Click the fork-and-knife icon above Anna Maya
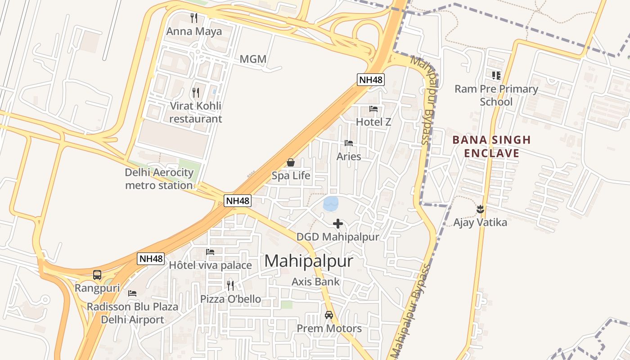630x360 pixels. (194, 18)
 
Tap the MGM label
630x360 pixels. (253, 59)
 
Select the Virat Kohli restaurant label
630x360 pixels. (196, 112)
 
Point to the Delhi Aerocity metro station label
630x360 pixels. (159, 179)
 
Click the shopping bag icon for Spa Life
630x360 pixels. (291, 162)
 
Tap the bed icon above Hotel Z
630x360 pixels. (373, 108)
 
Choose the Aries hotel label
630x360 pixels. (349, 156)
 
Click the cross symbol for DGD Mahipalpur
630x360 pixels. (338, 223)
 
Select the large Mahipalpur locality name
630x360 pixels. (309, 261)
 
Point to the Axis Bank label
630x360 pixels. (315, 282)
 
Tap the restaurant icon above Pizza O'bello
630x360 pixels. (230, 285)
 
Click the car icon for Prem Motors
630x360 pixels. (329, 315)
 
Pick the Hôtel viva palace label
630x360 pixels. (210, 265)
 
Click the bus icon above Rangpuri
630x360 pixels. (97, 274)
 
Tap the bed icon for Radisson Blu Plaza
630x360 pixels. (132, 293)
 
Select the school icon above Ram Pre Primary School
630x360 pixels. (496, 75)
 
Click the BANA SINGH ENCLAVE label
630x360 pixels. (491, 146)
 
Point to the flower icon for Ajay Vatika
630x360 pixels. (480, 209)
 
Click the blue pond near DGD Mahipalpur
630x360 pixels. (331, 203)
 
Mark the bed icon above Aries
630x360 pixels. (349, 143)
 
